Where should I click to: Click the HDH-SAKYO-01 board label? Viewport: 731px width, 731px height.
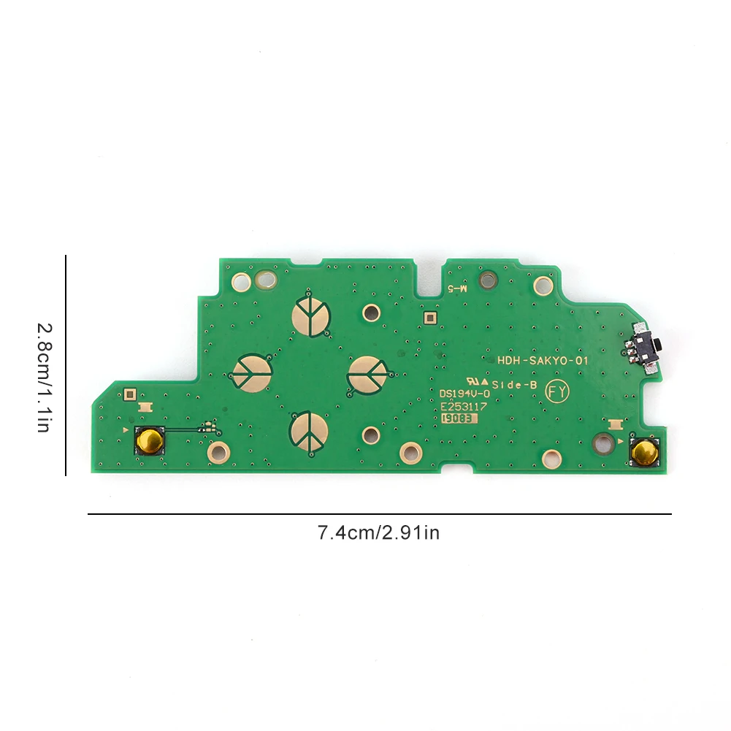[542, 361]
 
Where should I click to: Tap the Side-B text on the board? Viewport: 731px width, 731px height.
[515, 384]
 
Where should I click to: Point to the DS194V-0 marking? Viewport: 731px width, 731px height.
[464, 394]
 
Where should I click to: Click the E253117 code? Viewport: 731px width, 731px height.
[464, 406]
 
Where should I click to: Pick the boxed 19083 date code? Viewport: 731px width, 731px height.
[459, 418]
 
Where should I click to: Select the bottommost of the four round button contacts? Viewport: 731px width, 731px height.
[310, 432]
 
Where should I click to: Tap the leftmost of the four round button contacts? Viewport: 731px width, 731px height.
[253, 372]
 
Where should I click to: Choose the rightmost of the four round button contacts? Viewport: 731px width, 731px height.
[367, 374]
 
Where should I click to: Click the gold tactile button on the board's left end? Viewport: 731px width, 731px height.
[150, 440]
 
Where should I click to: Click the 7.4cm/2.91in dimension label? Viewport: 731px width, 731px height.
[378, 533]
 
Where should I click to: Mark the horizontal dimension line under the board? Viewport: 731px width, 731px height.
[380, 514]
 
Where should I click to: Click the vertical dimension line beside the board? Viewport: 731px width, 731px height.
[66, 365]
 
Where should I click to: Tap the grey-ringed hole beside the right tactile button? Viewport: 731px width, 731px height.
[604, 441]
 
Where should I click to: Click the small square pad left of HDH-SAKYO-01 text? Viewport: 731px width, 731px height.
[429, 317]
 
